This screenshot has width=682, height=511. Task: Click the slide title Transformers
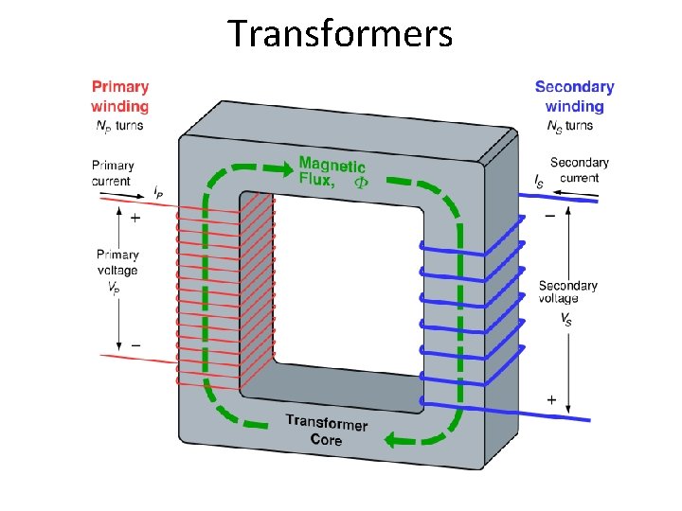340,33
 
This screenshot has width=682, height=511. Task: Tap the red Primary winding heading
120,97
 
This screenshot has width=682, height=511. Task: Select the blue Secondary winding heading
574,97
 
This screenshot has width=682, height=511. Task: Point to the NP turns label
120,126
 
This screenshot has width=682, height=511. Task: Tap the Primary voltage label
117,270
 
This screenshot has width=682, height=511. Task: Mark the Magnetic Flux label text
331,172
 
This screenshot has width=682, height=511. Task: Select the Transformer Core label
326,431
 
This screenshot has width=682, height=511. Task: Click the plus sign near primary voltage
135,219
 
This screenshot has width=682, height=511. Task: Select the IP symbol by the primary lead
158,192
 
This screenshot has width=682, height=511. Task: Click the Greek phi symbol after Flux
361,181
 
